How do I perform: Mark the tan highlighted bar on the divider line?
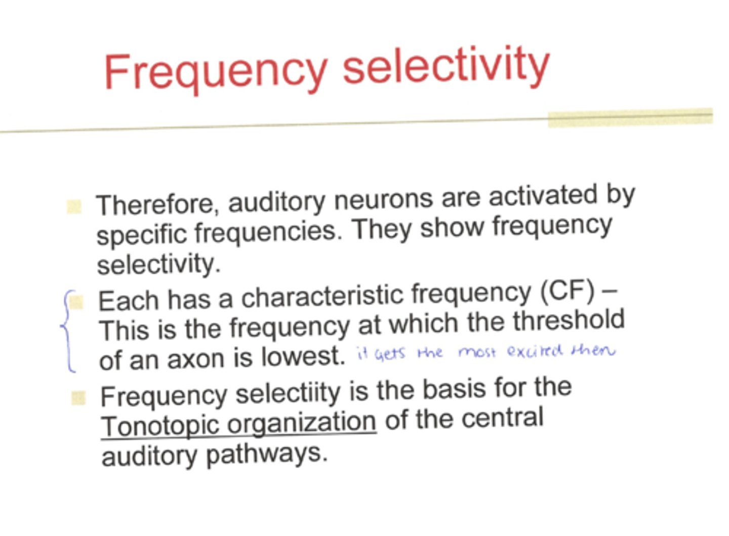coord(630,117)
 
